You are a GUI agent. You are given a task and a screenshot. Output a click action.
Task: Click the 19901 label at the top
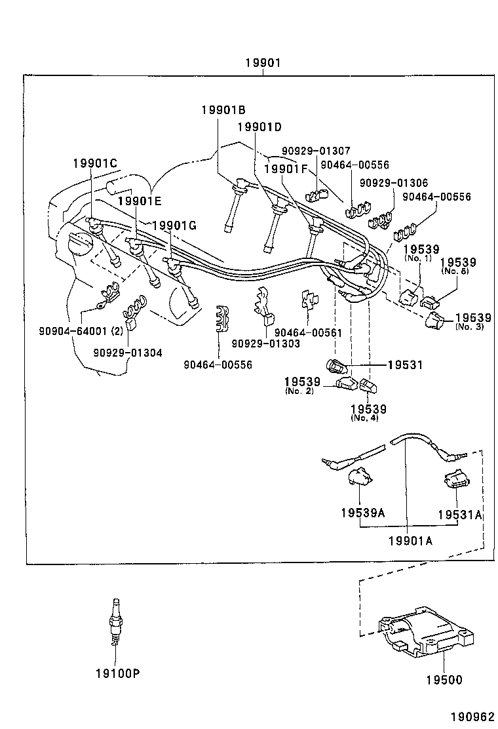[263, 64]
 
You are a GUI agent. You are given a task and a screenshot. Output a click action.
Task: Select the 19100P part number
[118, 673]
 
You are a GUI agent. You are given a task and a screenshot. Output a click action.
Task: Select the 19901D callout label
[259, 127]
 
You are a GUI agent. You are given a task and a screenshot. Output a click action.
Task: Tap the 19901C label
[95, 163]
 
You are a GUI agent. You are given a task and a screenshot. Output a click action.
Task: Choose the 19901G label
[174, 226]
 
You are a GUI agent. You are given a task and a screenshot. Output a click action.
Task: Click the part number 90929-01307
[316, 151]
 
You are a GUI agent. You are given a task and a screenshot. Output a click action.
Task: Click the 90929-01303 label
[265, 344]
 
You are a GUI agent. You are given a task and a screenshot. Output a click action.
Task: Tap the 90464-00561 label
[309, 333]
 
